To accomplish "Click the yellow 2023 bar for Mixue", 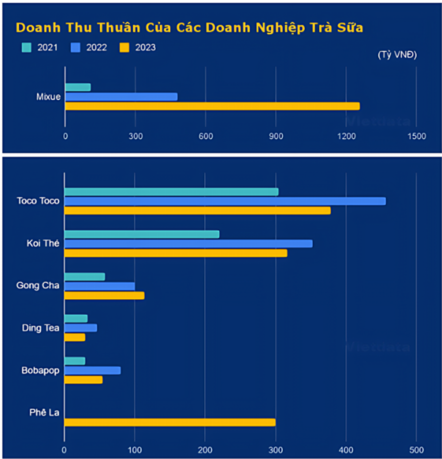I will (212, 106).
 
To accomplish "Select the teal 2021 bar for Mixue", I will (78, 87).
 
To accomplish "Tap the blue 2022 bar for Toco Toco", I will (225, 201).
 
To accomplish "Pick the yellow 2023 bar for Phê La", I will (170, 422).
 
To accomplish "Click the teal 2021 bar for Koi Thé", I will (142, 234).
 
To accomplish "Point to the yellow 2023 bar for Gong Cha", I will (104, 296).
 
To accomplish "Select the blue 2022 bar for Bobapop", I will (92, 370).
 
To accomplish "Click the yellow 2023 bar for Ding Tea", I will (75, 337).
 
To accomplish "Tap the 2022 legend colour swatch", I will (75, 48).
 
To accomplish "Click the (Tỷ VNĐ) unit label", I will (397, 55).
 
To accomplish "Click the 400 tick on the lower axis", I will (346, 450).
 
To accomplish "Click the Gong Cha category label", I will (38, 286).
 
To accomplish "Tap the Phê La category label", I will (45, 413).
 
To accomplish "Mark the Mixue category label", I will (49, 97).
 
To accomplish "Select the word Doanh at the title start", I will (38, 28).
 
